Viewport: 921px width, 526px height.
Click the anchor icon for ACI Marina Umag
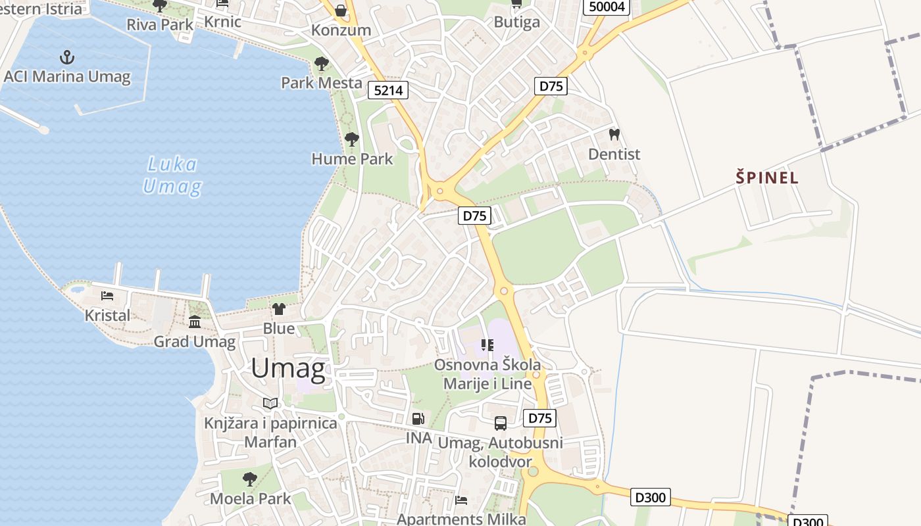click(x=66, y=57)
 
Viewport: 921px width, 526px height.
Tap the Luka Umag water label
click(x=172, y=176)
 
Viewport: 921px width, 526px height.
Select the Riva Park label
click(x=161, y=25)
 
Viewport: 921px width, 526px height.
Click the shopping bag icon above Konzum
click(x=341, y=11)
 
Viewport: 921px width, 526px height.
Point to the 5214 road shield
click(x=387, y=90)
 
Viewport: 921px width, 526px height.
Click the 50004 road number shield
click(x=607, y=7)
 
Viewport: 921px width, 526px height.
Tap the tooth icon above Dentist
click(x=614, y=135)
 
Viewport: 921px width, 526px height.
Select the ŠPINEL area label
click(x=767, y=178)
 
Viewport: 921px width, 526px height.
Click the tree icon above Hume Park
click(x=352, y=139)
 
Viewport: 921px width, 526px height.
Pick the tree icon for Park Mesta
click(x=322, y=64)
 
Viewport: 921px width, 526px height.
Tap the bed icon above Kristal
click(x=107, y=296)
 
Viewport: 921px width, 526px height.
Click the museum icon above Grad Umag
click(x=195, y=322)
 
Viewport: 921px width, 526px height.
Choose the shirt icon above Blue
click(x=279, y=308)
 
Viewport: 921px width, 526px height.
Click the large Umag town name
click(x=288, y=369)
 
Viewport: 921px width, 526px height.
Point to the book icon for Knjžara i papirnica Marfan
click(x=270, y=403)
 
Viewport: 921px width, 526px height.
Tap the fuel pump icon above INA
click(x=418, y=418)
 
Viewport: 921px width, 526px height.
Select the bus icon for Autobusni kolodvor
click(x=501, y=423)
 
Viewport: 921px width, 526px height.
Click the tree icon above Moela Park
click(x=249, y=479)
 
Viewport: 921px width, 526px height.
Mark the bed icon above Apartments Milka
click(x=461, y=500)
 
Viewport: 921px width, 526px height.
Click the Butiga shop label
click(x=516, y=22)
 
